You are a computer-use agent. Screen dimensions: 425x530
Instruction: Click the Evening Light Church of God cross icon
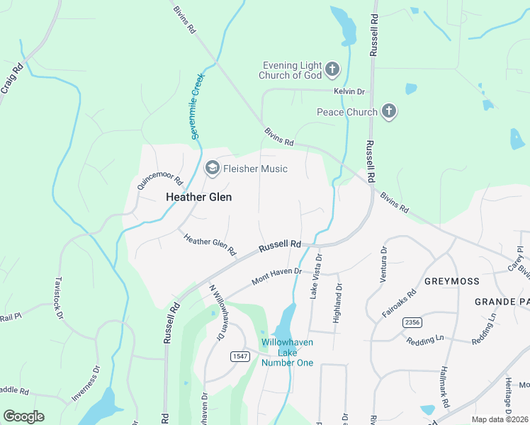pos(332,69)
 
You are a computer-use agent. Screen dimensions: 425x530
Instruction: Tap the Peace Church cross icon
pos(388,111)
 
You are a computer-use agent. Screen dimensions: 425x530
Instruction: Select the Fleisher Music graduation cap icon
pos(212,169)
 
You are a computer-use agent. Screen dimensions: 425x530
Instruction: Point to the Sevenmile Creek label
pos(198,106)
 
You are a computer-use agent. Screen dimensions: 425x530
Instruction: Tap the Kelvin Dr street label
pos(349,91)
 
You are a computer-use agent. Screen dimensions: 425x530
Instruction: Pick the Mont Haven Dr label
pos(277,276)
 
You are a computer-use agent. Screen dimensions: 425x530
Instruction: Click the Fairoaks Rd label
pos(407,303)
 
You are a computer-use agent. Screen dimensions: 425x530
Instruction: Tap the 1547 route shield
pos(239,356)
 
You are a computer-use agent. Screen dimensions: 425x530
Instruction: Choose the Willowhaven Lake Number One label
pos(287,352)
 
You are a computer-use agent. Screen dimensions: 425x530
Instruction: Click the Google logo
pos(23,416)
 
